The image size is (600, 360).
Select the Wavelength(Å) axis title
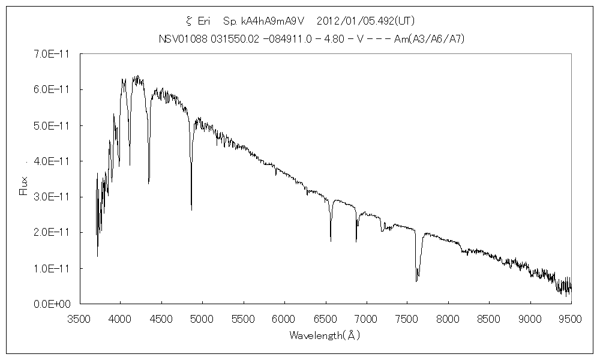[x=325, y=335]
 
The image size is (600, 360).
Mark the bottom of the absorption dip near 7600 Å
[x=416, y=280]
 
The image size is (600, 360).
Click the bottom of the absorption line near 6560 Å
[x=331, y=241]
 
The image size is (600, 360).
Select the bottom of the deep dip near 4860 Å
[x=191, y=209]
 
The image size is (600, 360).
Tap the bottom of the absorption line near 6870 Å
[x=356, y=241]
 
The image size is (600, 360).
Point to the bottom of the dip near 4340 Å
[x=149, y=184]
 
